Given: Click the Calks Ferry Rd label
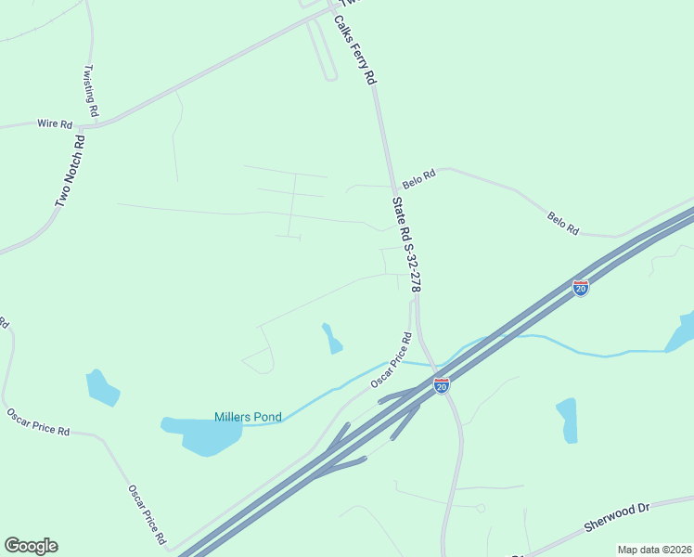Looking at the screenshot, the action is point(354,51).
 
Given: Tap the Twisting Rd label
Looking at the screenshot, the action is point(91,91).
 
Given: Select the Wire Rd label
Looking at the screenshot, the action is point(55,123).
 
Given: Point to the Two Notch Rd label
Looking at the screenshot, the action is point(69,172).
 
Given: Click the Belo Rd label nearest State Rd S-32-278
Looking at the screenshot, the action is point(419,176).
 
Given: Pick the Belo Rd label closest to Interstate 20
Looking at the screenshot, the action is point(562,223).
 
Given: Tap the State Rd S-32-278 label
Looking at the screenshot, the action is point(406,245).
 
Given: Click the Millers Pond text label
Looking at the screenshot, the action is point(248,417).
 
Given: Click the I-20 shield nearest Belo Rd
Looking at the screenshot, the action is point(581,288).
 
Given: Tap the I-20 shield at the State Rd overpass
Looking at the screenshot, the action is point(442,384).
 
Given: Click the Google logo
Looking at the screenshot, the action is point(31,546).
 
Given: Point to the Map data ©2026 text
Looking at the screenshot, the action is point(654,550).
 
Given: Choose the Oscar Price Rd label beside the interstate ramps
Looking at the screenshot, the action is point(391,361).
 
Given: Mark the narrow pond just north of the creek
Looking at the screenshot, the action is point(331,339).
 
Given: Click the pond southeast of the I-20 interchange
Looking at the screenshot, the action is point(566,420).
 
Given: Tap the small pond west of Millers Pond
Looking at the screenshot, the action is point(101,387).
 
